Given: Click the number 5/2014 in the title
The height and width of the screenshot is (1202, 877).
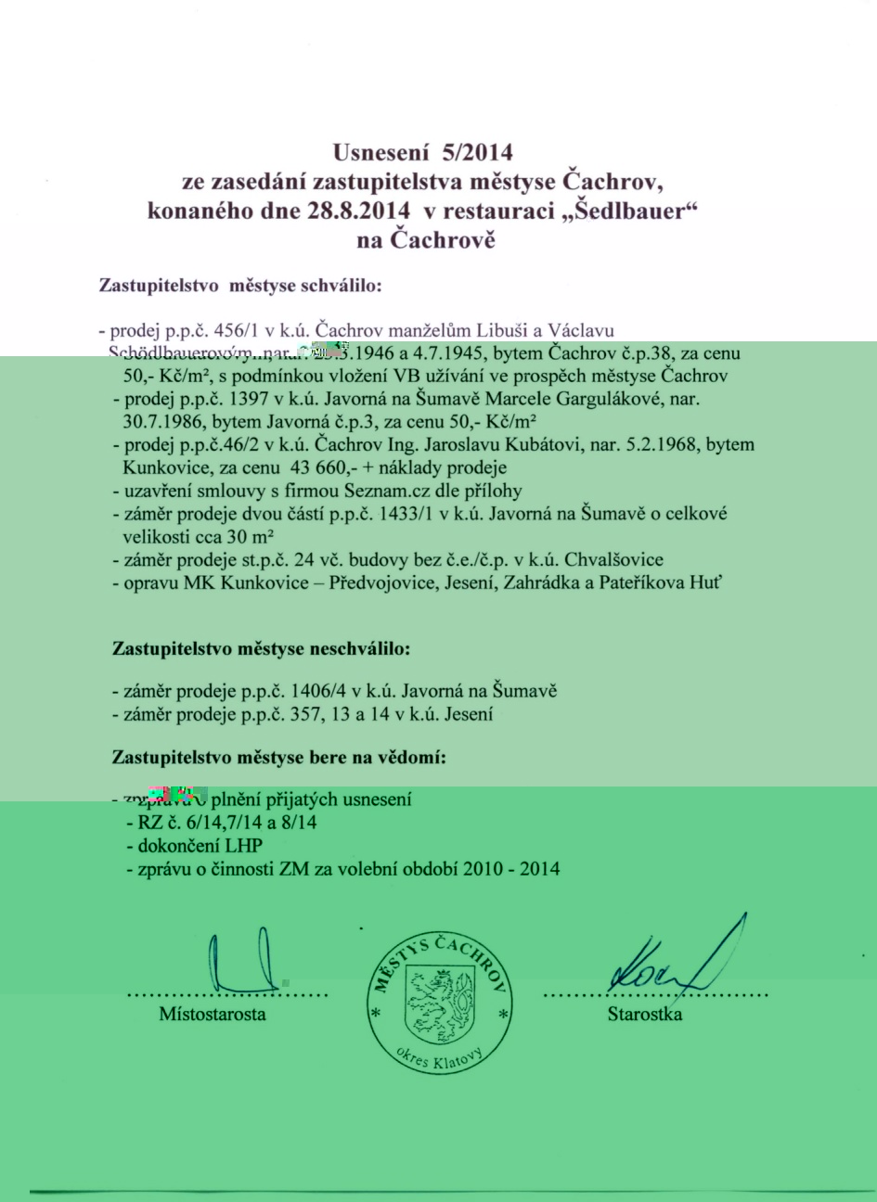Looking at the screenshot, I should coord(472,151).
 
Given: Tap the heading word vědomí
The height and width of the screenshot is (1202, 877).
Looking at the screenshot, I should coord(409,758).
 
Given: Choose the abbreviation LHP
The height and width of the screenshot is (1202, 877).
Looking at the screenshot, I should coord(242,845).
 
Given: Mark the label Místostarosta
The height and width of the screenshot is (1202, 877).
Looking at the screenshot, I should coord(213,1014).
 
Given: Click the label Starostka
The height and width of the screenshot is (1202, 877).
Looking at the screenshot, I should coord(645,1014).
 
